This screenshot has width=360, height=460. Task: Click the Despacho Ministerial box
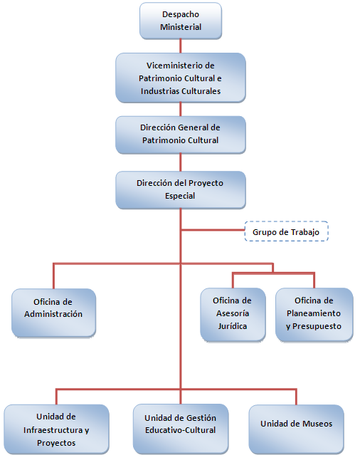coord(181,21)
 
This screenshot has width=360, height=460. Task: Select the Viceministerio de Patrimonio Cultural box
coord(181,78)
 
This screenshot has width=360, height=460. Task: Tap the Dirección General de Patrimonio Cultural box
coord(181,135)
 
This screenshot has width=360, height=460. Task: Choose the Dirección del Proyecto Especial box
coord(181,190)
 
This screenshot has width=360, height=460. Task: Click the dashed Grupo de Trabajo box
coord(287,231)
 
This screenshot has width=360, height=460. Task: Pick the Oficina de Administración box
coord(53,313)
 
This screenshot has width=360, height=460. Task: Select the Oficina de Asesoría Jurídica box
coord(233,315)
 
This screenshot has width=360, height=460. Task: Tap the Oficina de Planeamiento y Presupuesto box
coord(314,315)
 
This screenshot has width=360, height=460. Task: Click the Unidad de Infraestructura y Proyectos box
coord(56,429)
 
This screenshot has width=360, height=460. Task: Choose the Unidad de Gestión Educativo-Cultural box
coord(181,429)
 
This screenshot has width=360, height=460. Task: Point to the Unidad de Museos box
coord(297,429)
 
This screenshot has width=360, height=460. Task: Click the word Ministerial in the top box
coord(181,27)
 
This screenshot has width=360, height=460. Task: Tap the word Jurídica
coord(233,326)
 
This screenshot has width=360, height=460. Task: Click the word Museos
coord(317,424)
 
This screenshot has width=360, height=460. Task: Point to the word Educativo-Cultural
coord(180,430)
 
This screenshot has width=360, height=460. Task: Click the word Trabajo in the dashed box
coord(305,232)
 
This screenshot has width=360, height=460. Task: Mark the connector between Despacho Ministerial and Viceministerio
coord(181,46)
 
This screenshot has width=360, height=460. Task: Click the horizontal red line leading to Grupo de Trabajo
coord(213,230)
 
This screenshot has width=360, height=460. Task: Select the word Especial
coord(180,196)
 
